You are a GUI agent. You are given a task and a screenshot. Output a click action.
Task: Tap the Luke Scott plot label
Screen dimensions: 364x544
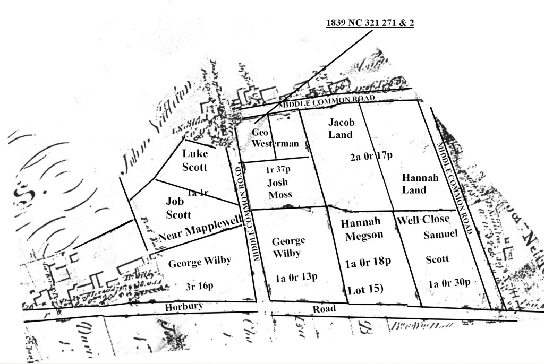194,160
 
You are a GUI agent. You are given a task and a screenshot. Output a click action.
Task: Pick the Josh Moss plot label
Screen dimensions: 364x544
279,188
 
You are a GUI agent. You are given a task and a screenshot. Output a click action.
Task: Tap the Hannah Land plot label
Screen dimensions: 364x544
420,184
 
